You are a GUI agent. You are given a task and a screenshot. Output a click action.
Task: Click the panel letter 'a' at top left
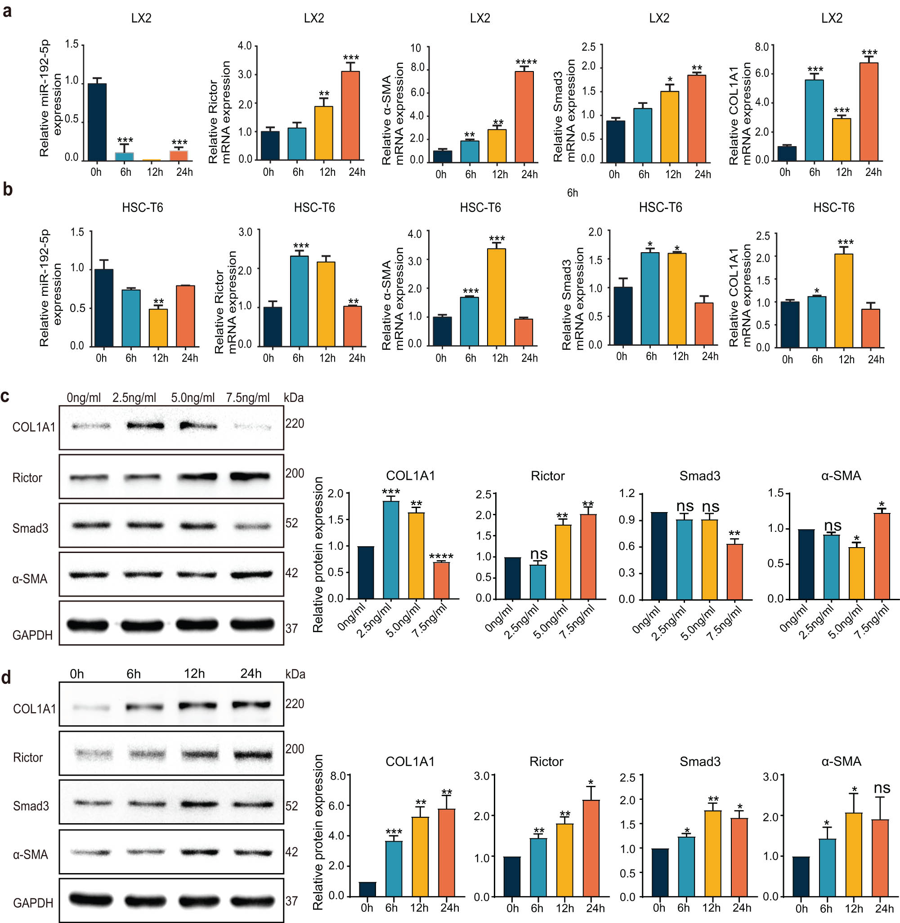click(7, 11)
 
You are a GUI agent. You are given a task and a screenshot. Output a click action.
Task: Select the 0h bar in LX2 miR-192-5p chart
click(97, 122)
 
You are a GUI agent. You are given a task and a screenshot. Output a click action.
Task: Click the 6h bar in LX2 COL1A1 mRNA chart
click(815, 120)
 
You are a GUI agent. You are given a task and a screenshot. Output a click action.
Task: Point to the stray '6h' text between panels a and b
click(573, 193)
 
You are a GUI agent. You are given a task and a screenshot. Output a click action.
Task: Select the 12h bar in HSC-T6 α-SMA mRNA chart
click(496, 297)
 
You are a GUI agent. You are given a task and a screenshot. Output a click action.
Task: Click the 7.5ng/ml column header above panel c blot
click(248, 398)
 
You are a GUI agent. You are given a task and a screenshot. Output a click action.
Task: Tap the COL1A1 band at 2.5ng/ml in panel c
click(146, 426)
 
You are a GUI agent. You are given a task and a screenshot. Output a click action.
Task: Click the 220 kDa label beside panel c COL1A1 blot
click(295, 424)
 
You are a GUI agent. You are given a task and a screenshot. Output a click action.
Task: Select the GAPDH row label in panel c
click(32, 635)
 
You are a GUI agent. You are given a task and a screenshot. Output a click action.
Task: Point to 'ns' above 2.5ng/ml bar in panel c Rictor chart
click(538, 553)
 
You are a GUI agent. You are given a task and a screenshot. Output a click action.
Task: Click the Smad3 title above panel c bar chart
click(699, 476)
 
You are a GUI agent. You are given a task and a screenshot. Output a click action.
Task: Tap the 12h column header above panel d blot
click(194, 673)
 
